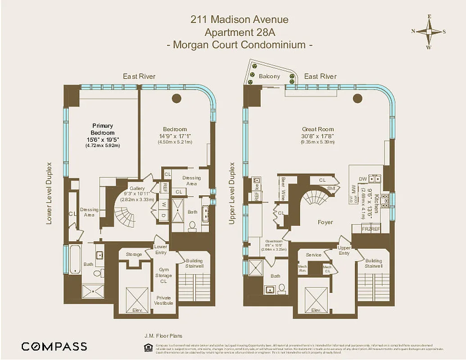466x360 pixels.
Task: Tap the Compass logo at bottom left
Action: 54,346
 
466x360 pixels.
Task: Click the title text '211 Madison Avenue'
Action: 240,20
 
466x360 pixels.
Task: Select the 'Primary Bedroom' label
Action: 103,129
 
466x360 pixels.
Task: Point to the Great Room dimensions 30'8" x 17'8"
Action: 318,136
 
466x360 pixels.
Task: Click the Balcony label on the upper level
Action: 269,76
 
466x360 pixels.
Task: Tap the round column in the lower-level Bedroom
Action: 176,99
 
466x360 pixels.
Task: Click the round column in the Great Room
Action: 358,99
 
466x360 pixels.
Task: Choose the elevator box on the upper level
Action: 316,297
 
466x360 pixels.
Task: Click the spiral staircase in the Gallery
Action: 124,215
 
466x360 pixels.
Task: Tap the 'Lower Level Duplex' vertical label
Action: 49,193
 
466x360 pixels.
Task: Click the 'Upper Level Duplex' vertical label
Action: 232,193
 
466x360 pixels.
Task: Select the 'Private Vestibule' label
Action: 164,300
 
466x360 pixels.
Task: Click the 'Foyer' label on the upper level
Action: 325,222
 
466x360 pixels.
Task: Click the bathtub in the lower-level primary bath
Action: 75,260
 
